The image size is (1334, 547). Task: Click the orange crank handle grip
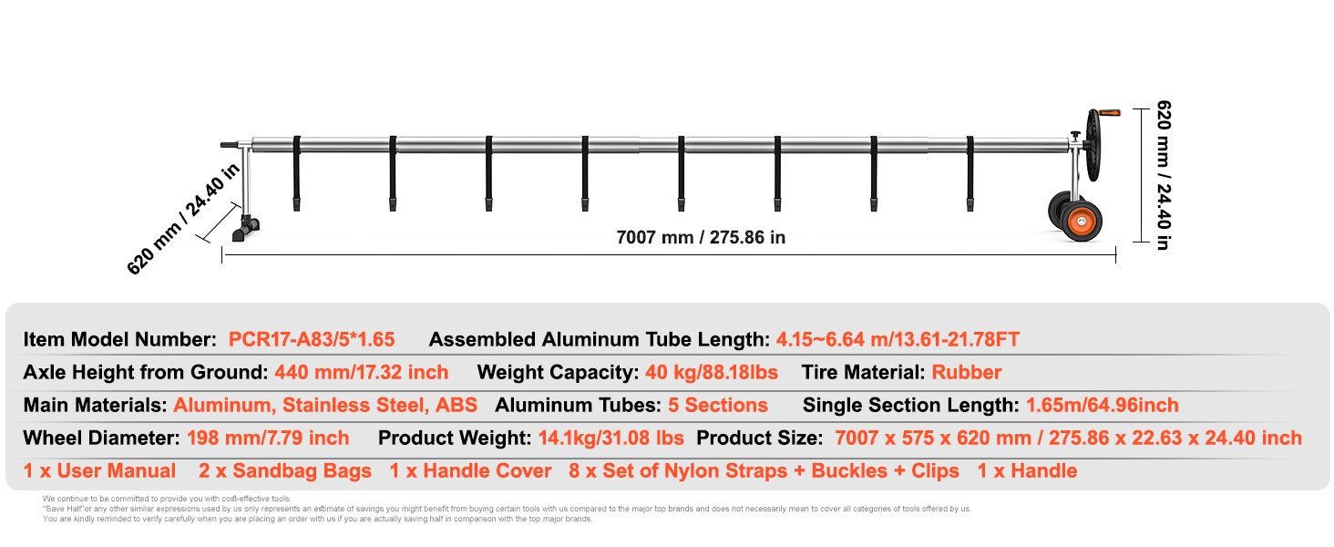[x=1110, y=113]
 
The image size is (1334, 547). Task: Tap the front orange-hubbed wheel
[x=1082, y=222]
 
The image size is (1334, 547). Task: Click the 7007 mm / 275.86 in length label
[x=701, y=237]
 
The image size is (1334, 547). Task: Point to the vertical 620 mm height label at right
[x=1163, y=175]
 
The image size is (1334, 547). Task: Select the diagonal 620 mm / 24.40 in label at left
[x=183, y=219]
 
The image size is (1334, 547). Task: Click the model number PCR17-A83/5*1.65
[x=312, y=340]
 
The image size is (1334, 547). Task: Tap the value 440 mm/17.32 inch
[x=362, y=372]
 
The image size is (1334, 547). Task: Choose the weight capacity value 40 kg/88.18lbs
[x=712, y=372]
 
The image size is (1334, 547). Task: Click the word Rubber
[x=967, y=372]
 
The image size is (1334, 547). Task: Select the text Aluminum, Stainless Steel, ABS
[x=325, y=405]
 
